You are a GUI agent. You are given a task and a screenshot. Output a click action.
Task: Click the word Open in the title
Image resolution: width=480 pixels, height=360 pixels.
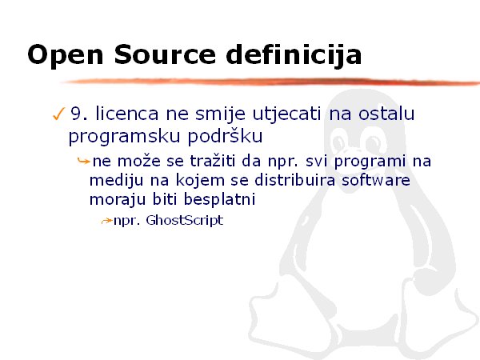point(66,55)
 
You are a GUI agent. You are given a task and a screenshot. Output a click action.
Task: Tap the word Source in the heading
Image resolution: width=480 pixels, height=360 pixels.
point(165,54)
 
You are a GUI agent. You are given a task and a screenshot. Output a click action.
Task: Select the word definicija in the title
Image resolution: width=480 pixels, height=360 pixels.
point(294,55)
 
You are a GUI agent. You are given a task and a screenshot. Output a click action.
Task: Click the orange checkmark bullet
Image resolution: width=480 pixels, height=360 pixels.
point(58,114)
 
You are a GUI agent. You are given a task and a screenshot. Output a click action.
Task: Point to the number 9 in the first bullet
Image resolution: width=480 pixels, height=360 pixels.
point(77,114)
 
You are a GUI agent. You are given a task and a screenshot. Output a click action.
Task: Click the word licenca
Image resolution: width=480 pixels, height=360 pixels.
point(127,114)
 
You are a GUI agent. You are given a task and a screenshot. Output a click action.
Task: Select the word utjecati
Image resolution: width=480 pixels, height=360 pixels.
point(287,114)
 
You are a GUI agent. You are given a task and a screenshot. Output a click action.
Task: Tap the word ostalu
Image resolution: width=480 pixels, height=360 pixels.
point(386,114)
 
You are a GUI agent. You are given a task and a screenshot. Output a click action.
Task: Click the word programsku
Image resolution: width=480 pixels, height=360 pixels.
point(124,137)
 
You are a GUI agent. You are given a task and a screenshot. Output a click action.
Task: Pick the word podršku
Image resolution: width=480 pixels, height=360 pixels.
point(225,135)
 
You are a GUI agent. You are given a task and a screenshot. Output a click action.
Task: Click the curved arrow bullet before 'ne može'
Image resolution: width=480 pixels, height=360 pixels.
point(83,161)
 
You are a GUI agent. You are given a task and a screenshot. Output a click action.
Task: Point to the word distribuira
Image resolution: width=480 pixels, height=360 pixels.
point(295,179)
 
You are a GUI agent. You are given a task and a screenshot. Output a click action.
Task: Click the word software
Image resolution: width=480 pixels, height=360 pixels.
point(376,179)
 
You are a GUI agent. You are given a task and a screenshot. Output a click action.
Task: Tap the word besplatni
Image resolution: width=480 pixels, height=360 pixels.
point(219,199)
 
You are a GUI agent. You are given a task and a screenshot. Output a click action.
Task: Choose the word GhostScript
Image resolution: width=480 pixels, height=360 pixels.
point(185,221)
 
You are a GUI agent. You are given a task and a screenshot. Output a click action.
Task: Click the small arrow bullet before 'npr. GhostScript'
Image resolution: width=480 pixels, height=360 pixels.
point(106,221)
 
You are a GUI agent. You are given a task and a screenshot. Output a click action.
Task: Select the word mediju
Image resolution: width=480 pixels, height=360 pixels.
point(116,180)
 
